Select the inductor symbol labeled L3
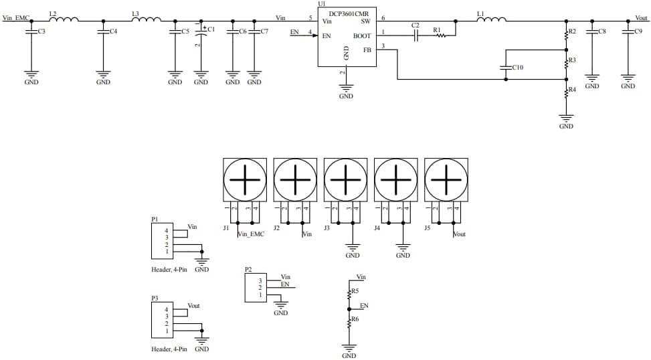click(146, 19)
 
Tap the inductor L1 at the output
click(490, 19)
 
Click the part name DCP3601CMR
click(348, 13)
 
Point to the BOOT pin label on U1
click(362, 35)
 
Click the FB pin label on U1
click(367, 50)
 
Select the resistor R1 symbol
click(440, 35)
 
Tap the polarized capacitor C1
click(201, 32)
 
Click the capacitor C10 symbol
click(506, 67)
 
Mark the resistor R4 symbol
click(566, 92)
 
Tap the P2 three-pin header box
click(255, 287)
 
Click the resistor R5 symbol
click(349, 293)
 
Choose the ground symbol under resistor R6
click(349, 348)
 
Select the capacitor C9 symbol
click(628, 32)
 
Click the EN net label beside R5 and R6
click(364, 306)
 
